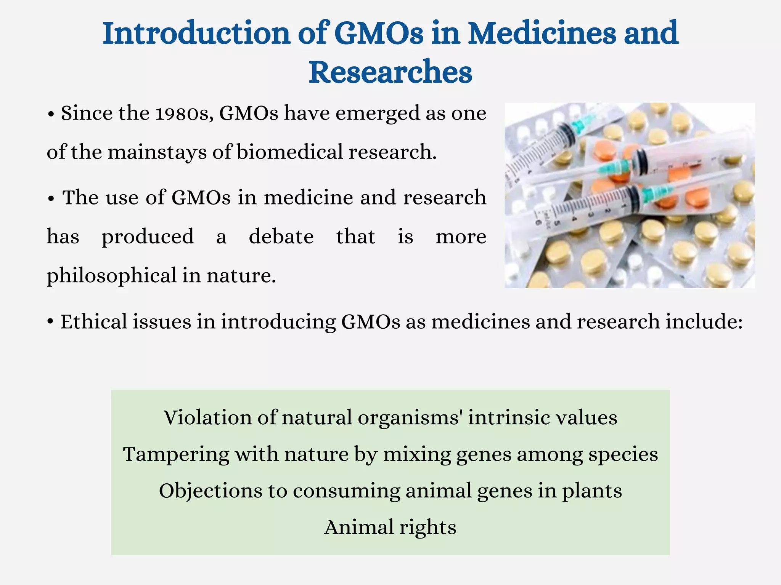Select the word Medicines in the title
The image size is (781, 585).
tap(541, 34)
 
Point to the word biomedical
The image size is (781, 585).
tap(290, 152)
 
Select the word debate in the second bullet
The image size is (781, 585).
tap(281, 237)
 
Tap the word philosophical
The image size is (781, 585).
tap(111, 276)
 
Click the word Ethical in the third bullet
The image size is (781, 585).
tap(94, 321)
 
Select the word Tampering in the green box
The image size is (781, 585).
tap(176, 454)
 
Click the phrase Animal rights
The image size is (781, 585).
tap(390, 527)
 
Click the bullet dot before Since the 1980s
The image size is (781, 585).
tap(51, 114)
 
